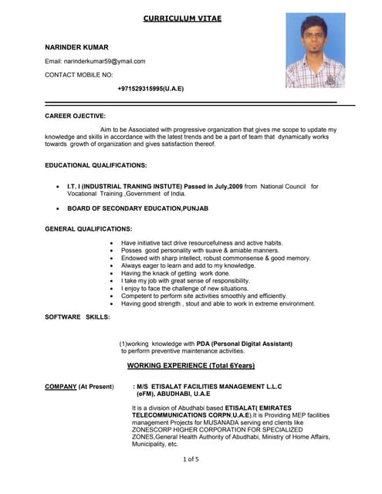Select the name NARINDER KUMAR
[x=77, y=47]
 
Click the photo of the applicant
[x=315, y=50]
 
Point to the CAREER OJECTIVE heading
[x=75, y=116]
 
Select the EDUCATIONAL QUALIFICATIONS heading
[x=96, y=165]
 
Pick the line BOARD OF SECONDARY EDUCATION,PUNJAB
[x=137, y=208]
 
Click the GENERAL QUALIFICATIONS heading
[x=88, y=229]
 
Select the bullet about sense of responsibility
[x=185, y=281]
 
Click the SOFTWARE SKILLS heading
[x=77, y=317]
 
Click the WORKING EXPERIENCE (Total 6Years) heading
[x=191, y=365]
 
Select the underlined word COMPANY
[x=60, y=386]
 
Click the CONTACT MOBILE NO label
[x=79, y=75]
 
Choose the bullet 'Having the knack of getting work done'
[x=175, y=273]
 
